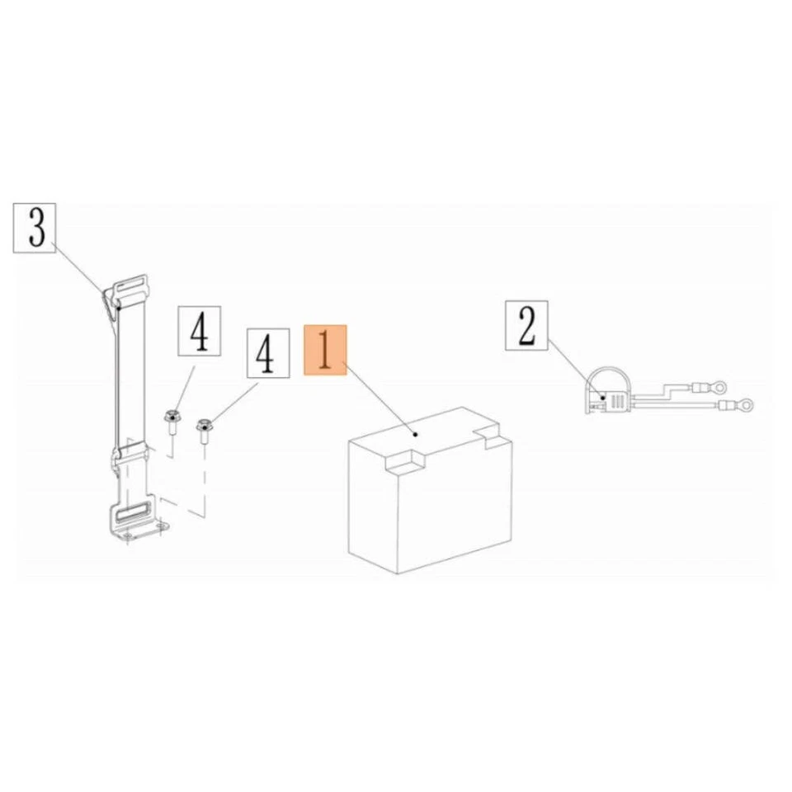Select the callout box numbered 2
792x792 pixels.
coord(527,327)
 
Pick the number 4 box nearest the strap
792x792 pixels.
coord(199,331)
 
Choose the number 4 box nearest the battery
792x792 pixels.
coord(265,354)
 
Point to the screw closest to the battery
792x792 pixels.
coord(203,428)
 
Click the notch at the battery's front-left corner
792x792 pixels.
coord(403,460)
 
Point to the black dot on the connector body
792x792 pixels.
coord(604,398)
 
